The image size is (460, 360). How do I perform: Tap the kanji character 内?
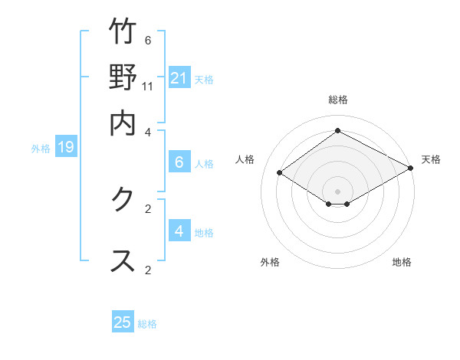(123, 122)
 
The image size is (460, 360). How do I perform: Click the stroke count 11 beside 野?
(148, 86)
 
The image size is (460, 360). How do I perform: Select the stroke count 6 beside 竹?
(148, 40)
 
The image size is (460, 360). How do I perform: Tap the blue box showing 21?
(179, 77)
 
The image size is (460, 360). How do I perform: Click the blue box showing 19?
(66, 147)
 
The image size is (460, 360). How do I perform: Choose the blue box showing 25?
(123, 322)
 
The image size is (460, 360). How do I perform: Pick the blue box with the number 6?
(179, 162)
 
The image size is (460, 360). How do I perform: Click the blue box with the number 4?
(179, 231)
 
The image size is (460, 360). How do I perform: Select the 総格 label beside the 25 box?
(147, 324)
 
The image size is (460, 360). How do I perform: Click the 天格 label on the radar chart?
(431, 159)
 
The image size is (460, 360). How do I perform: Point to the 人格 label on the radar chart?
(245, 159)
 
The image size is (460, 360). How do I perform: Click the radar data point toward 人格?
(280, 173)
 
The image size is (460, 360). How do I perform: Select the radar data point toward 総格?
(337, 130)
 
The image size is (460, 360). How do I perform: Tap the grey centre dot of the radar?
(337, 191)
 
